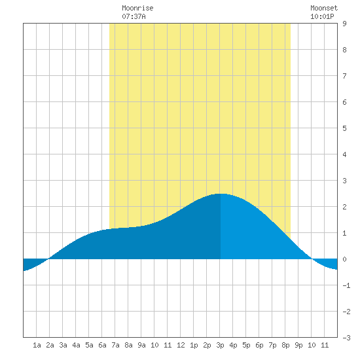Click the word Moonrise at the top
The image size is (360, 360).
pyautogui.click(x=137, y=8)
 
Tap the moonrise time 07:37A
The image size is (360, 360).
pyautogui.click(x=134, y=16)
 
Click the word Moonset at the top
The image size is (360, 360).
pyautogui.click(x=324, y=8)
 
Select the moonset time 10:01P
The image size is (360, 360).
pyautogui.click(x=322, y=16)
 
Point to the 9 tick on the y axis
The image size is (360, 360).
pyautogui.click(x=344, y=24)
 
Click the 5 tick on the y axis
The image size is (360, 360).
pyautogui.click(x=344, y=128)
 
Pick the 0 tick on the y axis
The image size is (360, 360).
pyautogui.click(x=344, y=259)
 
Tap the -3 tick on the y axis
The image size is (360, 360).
pyautogui.click(x=346, y=338)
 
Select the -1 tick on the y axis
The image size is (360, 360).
pyautogui.click(x=346, y=285)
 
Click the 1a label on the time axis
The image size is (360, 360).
pyautogui.click(x=37, y=345)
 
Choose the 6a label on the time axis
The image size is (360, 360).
pyautogui.click(x=102, y=345)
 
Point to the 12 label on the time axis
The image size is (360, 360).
pyautogui.click(x=181, y=345)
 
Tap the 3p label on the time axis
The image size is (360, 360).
pyautogui.click(x=220, y=345)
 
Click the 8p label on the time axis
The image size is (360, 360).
pyautogui.click(x=285, y=345)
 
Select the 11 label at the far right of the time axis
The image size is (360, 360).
pyautogui.click(x=325, y=345)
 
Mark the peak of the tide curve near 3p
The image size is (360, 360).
pyautogui.click(x=221, y=194)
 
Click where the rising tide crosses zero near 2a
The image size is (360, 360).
pyautogui.click(x=48, y=259)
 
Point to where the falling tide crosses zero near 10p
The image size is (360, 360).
pyautogui.click(x=312, y=259)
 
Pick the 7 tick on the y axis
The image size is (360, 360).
pyautogui.click(x=344, y=76)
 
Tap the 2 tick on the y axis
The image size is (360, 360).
pyautogui.click(x=344, y=207)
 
